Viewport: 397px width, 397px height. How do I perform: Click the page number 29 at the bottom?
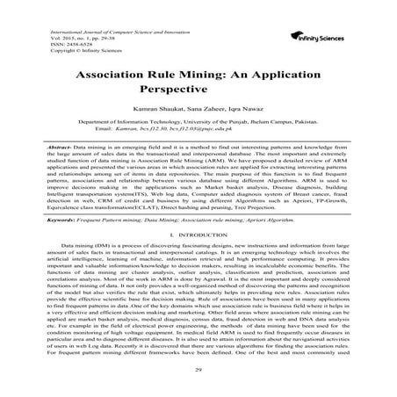coord(198,372)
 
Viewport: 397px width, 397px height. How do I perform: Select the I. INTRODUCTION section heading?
coord(198,236)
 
